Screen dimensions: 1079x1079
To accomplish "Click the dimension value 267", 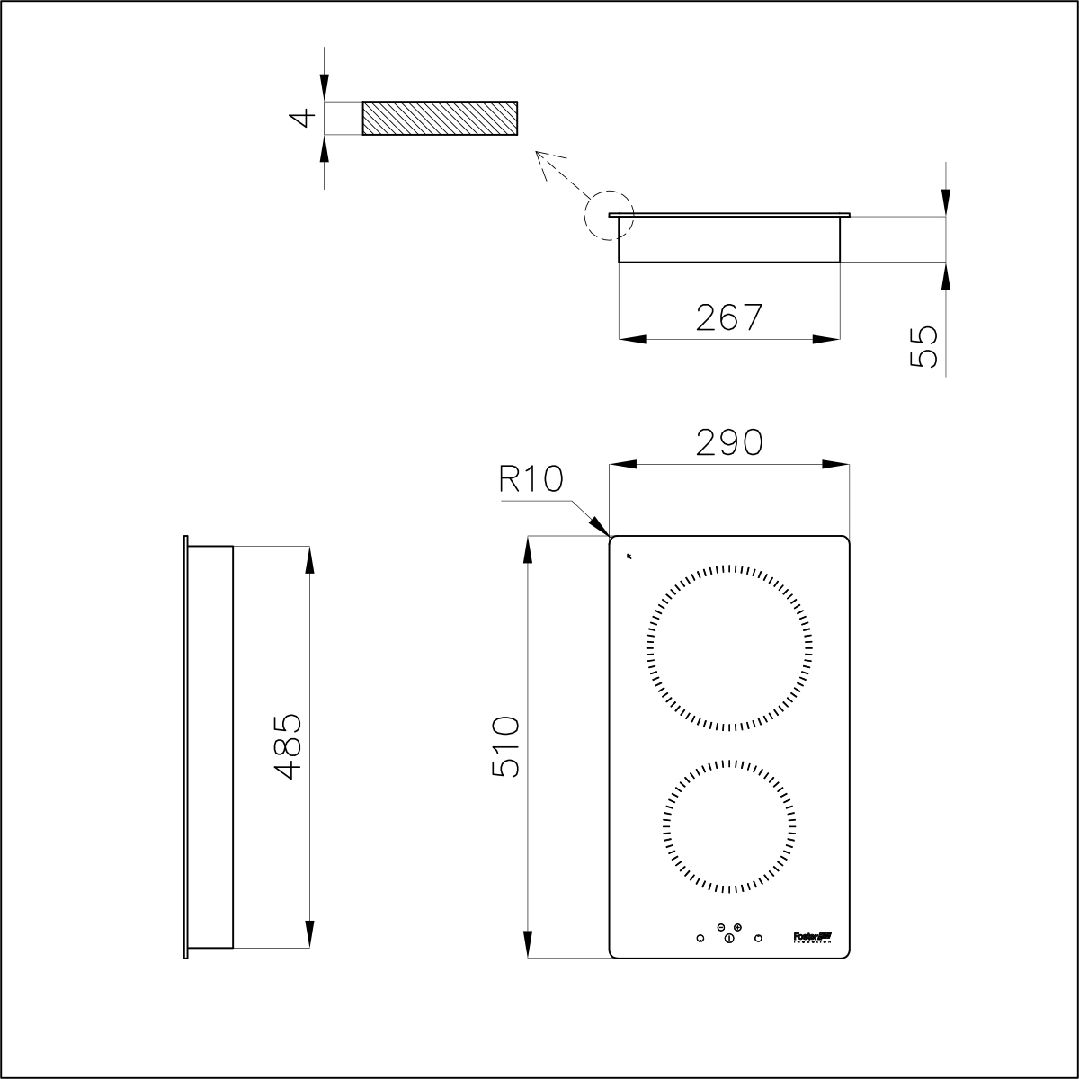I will pos(729,317).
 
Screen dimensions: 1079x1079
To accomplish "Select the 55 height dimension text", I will pos(923,346).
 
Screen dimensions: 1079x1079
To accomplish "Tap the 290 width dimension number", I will pos(729,442).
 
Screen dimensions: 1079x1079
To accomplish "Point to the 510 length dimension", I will pos(505,747).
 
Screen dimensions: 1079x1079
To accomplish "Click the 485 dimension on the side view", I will pos(287,746).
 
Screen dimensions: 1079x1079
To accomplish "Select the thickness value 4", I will pos(306,117).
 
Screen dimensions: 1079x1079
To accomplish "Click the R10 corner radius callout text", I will pos(531,479).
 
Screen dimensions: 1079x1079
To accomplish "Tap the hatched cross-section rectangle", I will pos(440,118).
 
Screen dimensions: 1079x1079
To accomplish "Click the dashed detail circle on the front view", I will pos(609,215).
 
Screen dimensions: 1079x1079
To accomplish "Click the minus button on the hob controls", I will pos(721,926).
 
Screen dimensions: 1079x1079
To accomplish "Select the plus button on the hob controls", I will pos(737,926).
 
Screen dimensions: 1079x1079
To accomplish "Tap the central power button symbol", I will pos(729,939).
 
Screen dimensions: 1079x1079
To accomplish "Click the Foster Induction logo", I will pos(813,937).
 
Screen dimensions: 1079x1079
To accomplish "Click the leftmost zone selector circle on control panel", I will pos(700,939).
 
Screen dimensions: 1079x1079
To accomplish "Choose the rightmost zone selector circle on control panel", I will pos(758,939).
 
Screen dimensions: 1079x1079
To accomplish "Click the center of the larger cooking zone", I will pos(729,648).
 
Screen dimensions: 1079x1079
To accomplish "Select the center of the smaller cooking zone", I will pos(729,827).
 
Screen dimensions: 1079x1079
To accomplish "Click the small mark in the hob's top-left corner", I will pos(629,556).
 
